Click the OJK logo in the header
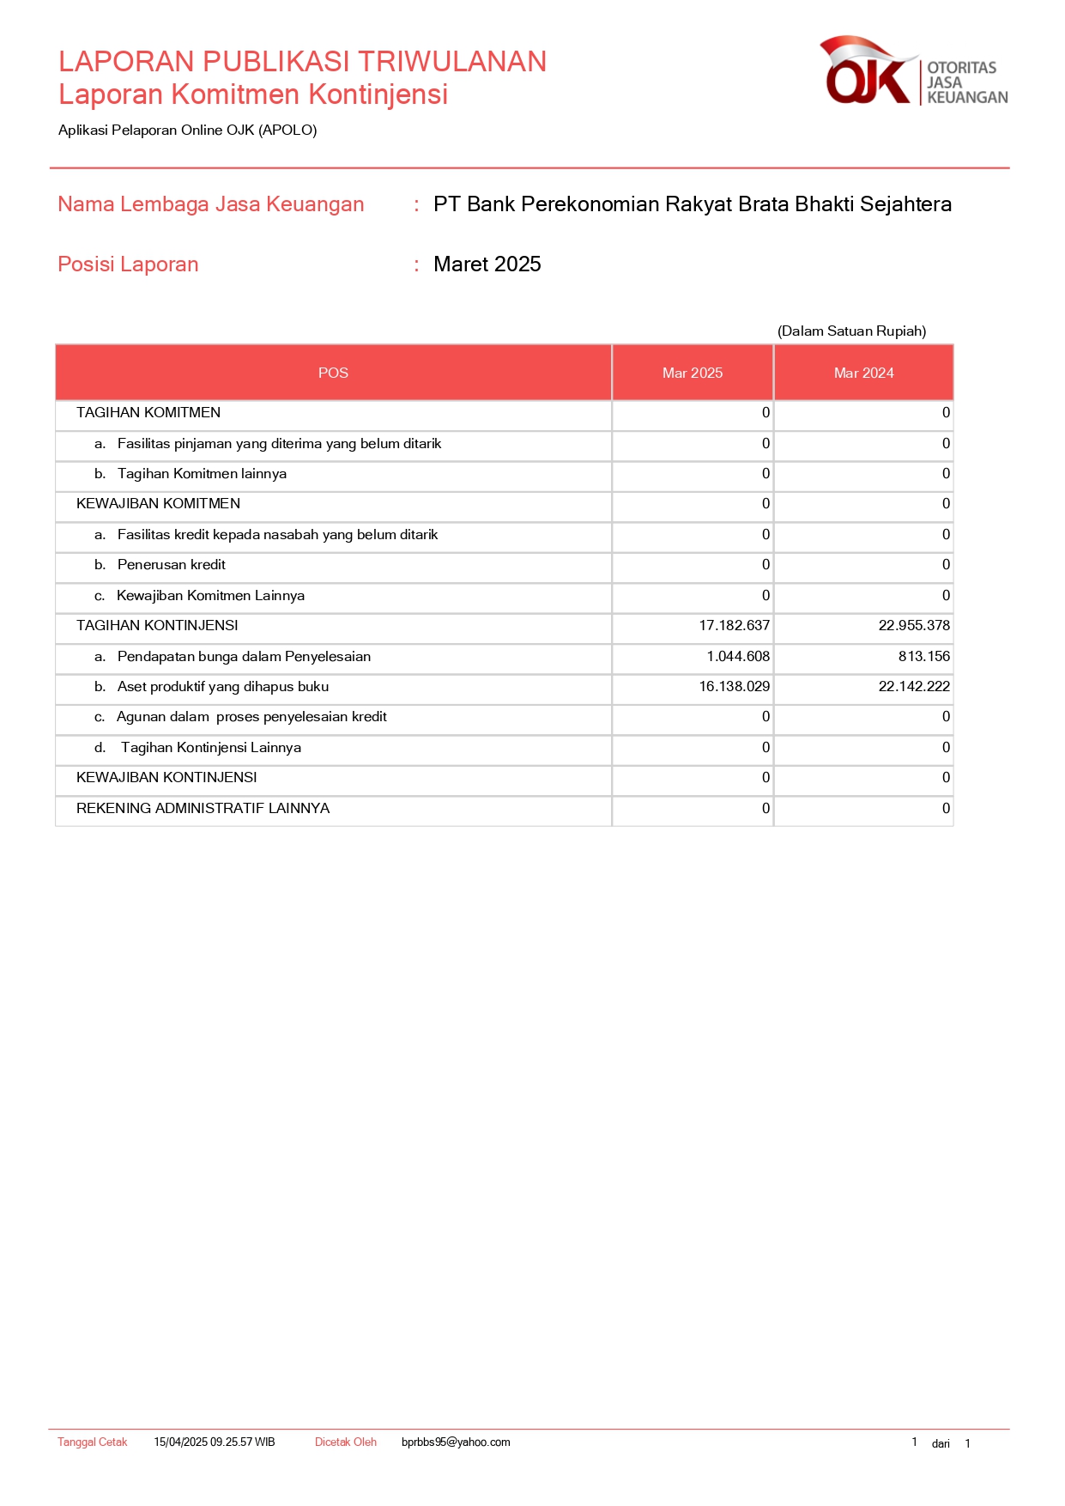(913, 72)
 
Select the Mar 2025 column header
(692, 373)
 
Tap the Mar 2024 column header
(863, 373)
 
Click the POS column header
(333, 373)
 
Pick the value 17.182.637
(734, 626)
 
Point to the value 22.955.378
(913, 626)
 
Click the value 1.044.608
(738, 657)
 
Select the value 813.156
(923, 657)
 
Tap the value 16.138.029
(734, 687)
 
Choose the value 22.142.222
(913, 687)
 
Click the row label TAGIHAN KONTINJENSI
(157, 626)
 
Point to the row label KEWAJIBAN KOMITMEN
(158, 504)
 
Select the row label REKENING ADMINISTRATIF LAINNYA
(203, 809)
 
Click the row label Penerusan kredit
(171, 565)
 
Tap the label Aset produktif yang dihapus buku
(222, 687)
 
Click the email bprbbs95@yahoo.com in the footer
(456, 1442)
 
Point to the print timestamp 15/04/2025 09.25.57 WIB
(215, 1442)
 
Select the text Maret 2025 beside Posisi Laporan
(487, 264)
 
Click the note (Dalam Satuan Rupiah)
(851, 331)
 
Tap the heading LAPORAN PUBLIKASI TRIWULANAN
(302, 62)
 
